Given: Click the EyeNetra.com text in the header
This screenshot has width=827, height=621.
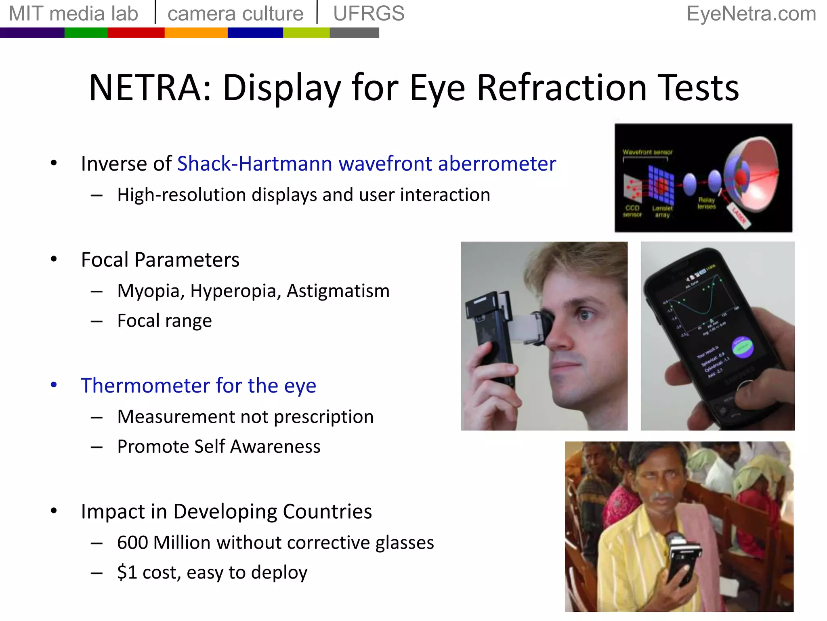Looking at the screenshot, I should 751,14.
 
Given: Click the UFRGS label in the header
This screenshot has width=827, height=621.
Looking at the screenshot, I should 368,14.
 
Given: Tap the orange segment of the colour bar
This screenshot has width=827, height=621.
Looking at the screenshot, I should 196,33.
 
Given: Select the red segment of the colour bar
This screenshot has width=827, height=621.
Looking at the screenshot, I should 136,33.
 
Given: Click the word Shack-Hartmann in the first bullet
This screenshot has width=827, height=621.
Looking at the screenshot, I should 254,164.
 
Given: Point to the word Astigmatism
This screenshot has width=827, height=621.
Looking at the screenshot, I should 338,291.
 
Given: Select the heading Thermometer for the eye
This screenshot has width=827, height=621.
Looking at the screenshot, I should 198,385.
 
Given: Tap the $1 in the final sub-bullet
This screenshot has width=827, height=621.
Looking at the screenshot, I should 127,572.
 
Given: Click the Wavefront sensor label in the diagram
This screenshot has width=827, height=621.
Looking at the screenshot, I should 647,152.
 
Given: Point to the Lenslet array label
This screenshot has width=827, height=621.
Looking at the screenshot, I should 662,211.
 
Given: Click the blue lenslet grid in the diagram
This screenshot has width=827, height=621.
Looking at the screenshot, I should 661,185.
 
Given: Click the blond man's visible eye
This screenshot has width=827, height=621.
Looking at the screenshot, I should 584,315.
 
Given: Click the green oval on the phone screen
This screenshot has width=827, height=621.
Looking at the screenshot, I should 743,347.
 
